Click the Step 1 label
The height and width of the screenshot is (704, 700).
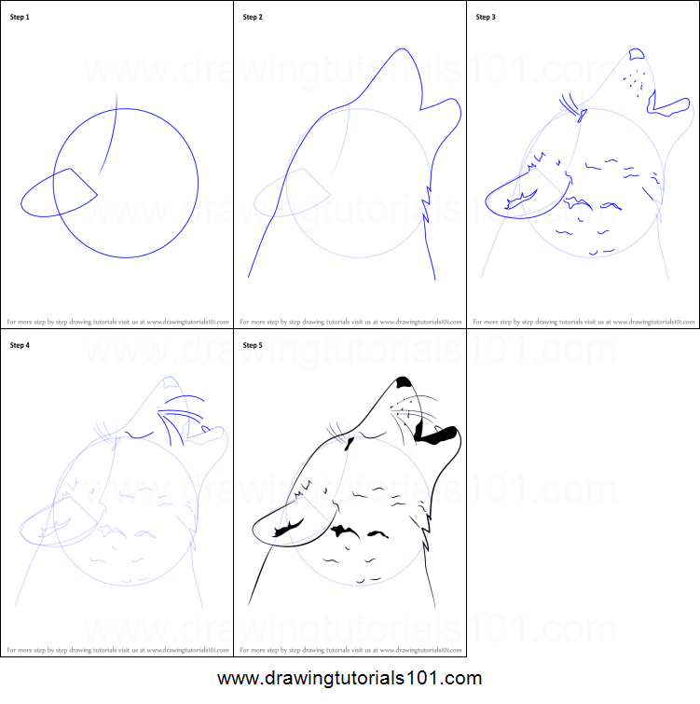21,17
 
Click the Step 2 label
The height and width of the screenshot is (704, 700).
254,17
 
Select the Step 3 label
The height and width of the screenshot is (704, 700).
487,17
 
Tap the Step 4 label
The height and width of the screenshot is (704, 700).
21,345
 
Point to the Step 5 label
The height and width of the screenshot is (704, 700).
254,345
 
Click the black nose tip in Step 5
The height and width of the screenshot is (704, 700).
405,381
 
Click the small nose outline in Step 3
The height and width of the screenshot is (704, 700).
638,55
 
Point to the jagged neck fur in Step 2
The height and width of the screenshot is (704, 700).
430,200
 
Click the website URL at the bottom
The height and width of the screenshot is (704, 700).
350,679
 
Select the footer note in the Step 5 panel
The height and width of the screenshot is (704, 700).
350,649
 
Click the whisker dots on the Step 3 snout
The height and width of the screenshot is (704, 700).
636,80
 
